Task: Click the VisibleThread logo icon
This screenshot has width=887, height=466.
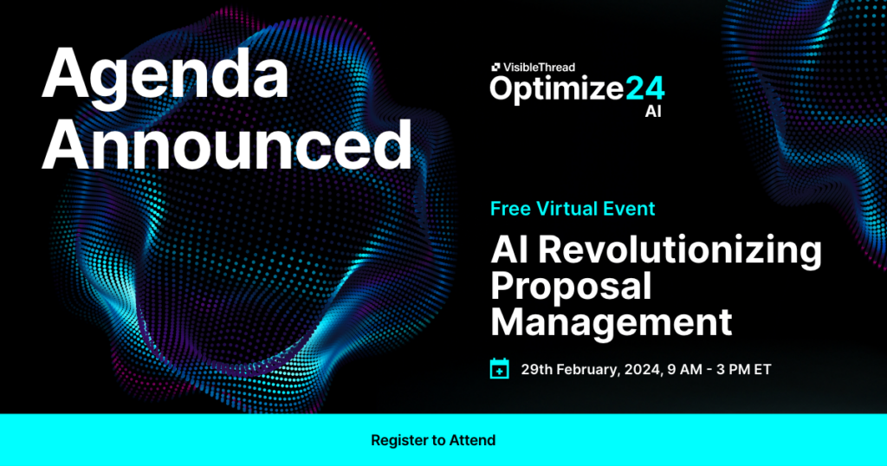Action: (495, 66)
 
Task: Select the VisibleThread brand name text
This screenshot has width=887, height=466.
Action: (540, 66)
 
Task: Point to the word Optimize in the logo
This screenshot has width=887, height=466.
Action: (557, 90)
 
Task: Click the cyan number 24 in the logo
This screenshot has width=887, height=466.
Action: (645, 88)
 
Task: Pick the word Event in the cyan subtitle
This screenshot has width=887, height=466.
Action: (632, 209)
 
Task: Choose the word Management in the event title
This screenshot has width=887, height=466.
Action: (611, 322)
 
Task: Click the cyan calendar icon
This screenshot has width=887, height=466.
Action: (500, 369)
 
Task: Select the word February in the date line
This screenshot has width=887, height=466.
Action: (588, 369)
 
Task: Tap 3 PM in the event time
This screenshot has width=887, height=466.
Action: (729, 369)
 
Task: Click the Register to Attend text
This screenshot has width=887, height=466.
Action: (433, 440)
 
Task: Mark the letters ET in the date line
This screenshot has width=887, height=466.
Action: (762, 369)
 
